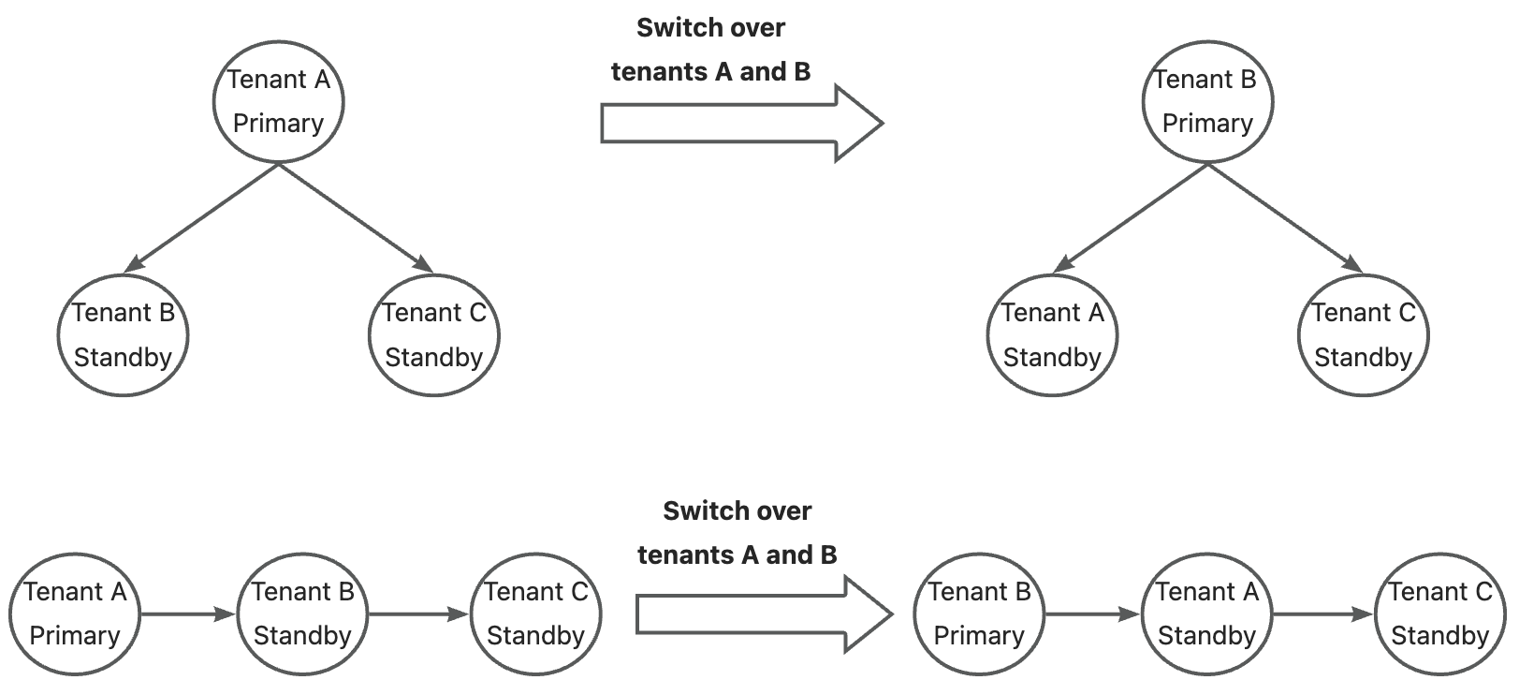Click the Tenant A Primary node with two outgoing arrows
point(278,101)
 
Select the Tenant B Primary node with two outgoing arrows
point(1206,101)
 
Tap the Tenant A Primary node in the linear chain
point(75,614)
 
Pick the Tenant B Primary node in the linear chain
point(978,614)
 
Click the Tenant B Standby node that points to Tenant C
point(303,614)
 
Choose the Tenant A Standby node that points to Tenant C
point(1206,614)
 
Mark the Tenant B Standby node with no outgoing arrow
point(123,335)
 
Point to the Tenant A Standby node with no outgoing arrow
point(1052,335)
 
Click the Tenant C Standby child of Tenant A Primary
point(434,335)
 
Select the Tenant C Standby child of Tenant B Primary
point(1363,335)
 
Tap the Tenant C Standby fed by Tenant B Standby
point(535,614)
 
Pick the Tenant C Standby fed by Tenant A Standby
point(1439,614)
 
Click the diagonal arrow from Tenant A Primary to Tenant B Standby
point(201,218)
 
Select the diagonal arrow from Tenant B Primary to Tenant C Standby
point(1285,218)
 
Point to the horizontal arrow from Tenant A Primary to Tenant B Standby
point(187,614)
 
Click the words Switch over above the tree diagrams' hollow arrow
point(710,28)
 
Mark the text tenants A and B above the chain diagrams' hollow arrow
point(737,555)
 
